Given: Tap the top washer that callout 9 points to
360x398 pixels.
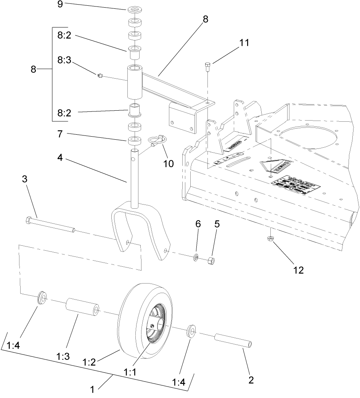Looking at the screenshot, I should point(135,9).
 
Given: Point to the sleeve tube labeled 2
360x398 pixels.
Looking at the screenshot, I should point(233,341).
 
